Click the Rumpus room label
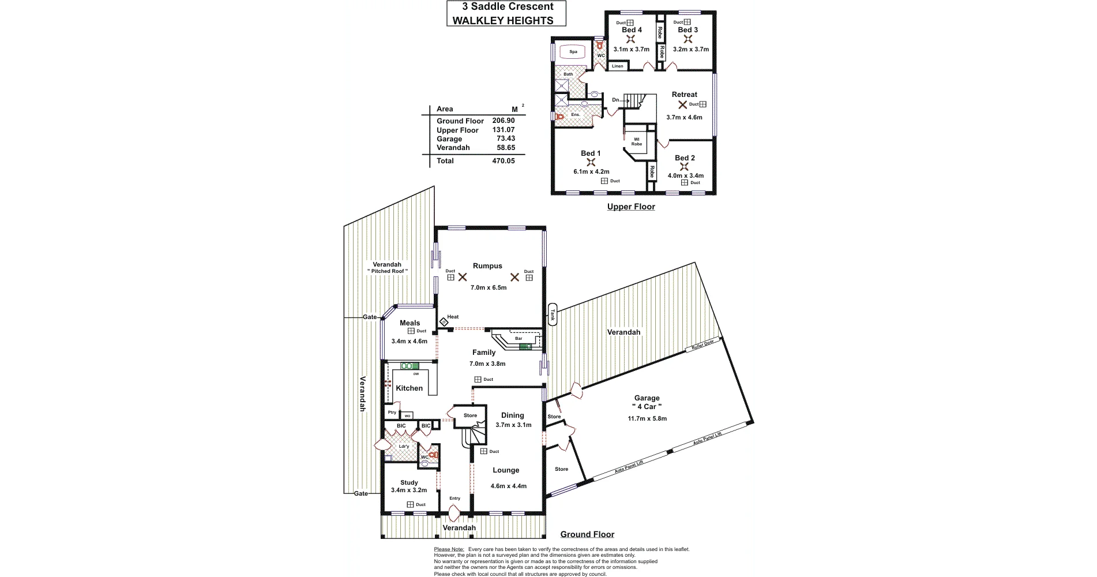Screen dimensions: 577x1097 pos(487,266)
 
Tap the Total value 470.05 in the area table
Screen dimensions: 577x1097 pos(504,161)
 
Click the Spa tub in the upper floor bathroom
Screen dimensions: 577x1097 pos(573,52)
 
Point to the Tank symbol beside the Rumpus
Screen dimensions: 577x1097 pos(552,314)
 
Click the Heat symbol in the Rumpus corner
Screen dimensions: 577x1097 pos(444,321)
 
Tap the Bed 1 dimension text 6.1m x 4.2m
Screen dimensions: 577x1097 pos(591,171)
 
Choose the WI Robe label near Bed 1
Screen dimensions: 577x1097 pos(636,141)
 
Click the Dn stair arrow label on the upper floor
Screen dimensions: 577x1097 pos(616,100)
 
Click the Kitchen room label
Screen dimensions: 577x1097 pos(409,388)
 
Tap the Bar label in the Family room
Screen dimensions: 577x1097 pos(519,339)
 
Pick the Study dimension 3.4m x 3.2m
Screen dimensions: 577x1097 pos(409,490)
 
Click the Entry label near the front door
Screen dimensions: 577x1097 pos(454,499)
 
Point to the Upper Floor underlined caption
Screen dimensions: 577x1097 pos(631,207)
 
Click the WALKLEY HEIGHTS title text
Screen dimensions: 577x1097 pos(502,21)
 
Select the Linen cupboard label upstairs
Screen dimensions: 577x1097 pos(617,66)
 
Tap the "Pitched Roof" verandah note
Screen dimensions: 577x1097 pos(388,271)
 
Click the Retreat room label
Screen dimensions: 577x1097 pos(684,95)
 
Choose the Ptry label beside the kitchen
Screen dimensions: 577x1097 pos(392,413)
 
